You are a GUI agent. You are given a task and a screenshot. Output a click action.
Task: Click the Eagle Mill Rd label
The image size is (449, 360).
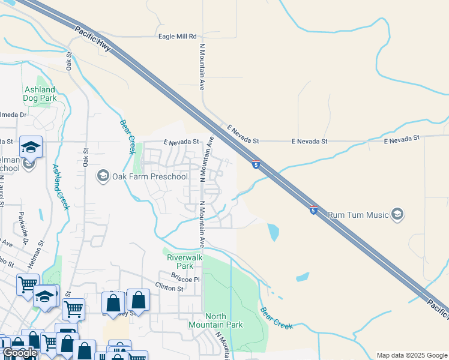click(177, 37)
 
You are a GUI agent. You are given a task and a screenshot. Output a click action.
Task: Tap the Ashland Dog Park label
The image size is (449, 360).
click(40, 93)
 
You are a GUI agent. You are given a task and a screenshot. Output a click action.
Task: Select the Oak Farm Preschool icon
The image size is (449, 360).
click(103, 176)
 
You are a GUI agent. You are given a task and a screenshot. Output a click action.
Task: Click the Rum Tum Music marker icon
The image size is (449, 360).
click(397, 214)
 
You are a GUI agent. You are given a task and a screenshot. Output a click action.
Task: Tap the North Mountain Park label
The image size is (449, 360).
click(224, 320)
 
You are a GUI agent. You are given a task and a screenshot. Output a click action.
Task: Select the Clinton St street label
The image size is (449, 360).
click(169, 289)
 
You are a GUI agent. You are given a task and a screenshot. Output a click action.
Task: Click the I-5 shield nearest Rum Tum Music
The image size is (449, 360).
click(313, 209)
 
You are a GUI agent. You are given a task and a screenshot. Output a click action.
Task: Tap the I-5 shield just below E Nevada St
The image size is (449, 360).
click(256, 164)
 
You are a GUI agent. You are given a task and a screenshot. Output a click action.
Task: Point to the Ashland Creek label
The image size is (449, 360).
click(61, 187)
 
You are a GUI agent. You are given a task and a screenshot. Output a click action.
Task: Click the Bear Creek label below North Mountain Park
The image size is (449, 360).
click(276, 318)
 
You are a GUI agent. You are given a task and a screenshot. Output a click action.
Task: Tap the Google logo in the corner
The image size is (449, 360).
click(20, 353)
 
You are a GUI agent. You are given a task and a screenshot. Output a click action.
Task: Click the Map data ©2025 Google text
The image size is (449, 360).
click(412, 355)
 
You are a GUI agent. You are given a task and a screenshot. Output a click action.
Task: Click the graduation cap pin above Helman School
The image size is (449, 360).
click(29, 147)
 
